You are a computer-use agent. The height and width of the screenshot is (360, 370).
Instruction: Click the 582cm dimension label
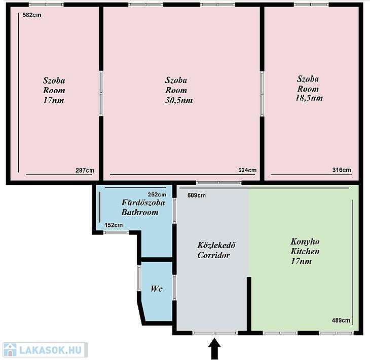tap(32, 15)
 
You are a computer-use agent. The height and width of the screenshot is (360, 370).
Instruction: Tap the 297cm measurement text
tap(85, 170)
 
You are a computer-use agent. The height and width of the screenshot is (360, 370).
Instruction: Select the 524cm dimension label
tap(247, 170)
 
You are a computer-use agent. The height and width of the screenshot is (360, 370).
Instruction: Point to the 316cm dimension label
tap(342, 170)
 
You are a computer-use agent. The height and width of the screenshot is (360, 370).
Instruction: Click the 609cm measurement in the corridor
tap(197, 195)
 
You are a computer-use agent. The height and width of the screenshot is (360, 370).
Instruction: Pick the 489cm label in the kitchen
tap(341, 320)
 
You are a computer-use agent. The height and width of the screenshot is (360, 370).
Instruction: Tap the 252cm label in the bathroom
tap(157, 194)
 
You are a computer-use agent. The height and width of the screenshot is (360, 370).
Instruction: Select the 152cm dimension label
tap(114, 225)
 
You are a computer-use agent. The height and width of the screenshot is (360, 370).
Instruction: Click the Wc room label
tap(157, 289)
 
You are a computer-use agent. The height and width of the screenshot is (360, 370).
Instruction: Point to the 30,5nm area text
tap(179, 100)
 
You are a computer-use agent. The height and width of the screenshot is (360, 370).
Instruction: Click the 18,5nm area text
tap(309, 98)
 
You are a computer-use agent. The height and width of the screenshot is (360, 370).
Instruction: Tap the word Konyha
tap(305, 242)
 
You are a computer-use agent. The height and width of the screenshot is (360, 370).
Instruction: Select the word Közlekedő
tap(216, 245)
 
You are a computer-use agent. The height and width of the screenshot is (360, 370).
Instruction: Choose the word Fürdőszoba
tap(143, 203)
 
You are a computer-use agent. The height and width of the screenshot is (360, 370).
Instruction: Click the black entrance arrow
tap(214, 349)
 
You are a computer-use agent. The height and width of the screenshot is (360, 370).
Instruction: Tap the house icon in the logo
tap(10, 350)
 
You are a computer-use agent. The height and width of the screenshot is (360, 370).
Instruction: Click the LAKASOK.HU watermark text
tap(51, 350)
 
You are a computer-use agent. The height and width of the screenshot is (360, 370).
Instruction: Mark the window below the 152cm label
tap(116, 232)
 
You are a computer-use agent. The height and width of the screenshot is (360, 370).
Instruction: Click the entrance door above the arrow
tap(215, 333)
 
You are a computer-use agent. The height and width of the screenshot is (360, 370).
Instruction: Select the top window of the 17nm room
tap(46, 5)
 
